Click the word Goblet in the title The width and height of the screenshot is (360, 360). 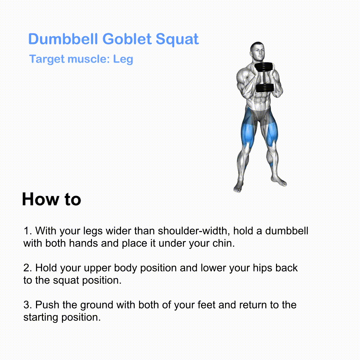(127, 39)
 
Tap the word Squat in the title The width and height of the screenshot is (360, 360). (177, 39)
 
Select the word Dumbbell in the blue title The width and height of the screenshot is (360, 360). (63, 39)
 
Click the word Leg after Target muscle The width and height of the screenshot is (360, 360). (123, 59)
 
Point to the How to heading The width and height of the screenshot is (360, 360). (51, 199)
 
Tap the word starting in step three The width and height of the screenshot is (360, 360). (41, 318)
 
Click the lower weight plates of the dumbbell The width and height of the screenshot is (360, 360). (265, 88)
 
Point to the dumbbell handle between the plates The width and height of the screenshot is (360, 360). (264, 78)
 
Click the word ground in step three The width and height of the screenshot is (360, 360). (97, 305)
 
